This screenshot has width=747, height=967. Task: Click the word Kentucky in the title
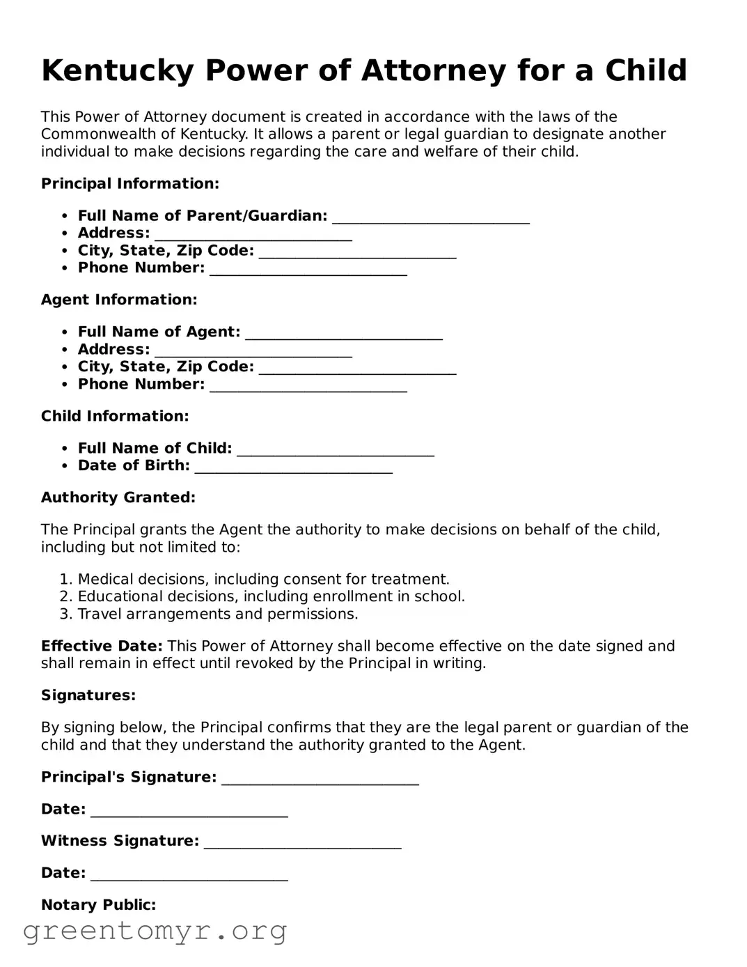click(x=117, y=71)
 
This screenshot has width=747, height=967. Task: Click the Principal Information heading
click(x=130, y=184)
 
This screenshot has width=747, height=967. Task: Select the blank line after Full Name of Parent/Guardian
click(x=431, y=217)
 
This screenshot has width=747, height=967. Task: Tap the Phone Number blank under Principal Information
click(x=308, y=270)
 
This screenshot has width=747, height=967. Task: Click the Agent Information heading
click(x=119, y=300)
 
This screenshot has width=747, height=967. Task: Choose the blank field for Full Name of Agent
click(x=344, y=334)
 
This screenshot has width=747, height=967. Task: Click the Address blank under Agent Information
click(x=253, y=351)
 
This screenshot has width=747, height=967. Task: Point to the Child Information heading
click(x=115, y=417)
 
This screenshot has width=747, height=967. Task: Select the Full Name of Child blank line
click(x=336, y=450)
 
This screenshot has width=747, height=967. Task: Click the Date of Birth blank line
click(x=293, y=467)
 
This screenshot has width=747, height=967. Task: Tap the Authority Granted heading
click(x=118, y=497)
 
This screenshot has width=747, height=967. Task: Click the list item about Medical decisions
click(x=263, y=579)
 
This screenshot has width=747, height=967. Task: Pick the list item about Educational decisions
click(x=271, y=596)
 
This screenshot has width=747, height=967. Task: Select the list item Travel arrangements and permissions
click(x=217, y=614)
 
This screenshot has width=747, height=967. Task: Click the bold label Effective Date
click(x=102, y=646)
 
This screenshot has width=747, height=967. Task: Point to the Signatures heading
click(x=88, y=695)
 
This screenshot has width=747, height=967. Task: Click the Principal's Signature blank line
click(x=320, y=779)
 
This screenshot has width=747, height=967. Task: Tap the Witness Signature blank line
click(x=302, y=843)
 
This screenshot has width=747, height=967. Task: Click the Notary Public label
click(x=98, y=905)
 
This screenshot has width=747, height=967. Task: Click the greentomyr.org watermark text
click(x=155, y=931)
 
